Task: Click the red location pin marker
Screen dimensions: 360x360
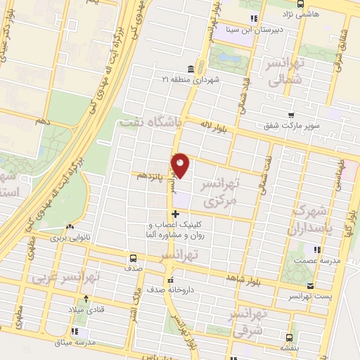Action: coord(181,165)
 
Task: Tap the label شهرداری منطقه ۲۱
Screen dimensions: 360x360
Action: coord(192,79)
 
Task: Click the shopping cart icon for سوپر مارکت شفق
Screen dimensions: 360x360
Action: coord(290,115)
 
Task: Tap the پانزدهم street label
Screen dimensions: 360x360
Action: coord(153,174)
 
